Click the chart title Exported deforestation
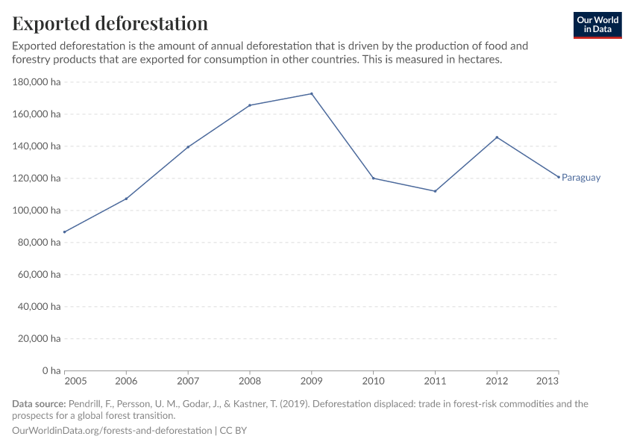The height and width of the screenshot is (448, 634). (110, 23)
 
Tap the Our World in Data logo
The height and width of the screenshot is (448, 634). (597, 25)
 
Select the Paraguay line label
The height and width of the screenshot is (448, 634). (580, 178)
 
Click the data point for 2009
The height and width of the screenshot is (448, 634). (311, 93)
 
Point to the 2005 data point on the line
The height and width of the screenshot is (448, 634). (65, 232)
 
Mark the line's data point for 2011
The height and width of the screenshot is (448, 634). (435, 191)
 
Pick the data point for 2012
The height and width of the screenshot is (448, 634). (497, 137)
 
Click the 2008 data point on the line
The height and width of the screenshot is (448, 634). (249, 105)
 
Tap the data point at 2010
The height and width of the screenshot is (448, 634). (373, 178)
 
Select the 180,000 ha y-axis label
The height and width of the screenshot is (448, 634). (37, 82)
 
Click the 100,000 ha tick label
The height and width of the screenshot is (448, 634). (37, 211)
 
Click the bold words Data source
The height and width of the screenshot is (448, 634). (39, 404)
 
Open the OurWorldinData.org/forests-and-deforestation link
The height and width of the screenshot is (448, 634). (112, 431)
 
